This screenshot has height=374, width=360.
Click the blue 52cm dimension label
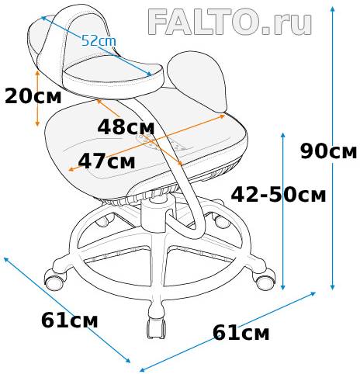(99, 41)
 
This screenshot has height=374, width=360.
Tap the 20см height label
(33, 97)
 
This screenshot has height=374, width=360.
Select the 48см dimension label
(126, 127)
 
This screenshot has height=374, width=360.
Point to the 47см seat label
(106, 161)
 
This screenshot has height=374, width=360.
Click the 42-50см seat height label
(279, 195)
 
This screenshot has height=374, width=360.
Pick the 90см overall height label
(328, 151)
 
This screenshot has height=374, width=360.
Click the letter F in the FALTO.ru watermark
(158, 22)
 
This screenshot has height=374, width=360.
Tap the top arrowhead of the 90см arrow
(333, 9)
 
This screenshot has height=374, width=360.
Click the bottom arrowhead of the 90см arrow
(333, 287)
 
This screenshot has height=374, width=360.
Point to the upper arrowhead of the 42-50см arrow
(283, 136)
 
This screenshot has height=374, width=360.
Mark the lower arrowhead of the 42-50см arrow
(283, 287)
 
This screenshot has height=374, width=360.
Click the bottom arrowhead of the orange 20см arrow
(37, 123)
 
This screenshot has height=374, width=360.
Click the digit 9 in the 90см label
(306, 151)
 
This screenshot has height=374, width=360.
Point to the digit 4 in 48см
(104, 127)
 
